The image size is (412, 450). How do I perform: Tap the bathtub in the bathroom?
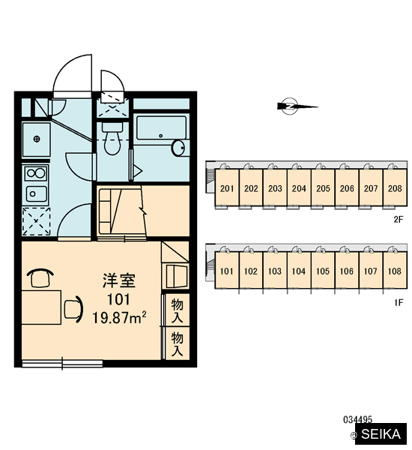[x=161, y=127]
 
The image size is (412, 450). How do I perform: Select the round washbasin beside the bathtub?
[x=178, y=148]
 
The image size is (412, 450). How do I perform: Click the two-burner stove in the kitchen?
[x=35, y=172]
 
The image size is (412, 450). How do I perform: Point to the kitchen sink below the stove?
[x=36, y=193]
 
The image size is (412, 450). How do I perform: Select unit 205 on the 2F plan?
[x=323, y=188]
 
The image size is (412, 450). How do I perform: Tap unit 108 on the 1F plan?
[x=395, y=271]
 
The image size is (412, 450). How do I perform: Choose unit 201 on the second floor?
[x=227, y=188]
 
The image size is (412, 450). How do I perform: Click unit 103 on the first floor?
[x=275, y=271]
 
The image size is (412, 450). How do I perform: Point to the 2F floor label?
[x=399, y=220]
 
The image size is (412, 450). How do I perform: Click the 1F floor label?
[x=399, y=302]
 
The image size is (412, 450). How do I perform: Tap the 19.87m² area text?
[x=119, y=317]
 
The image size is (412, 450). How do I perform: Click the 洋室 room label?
[x=119, y=280]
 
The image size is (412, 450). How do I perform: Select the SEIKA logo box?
[x=381, y=433]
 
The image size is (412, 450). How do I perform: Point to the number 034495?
[x=357, y=420]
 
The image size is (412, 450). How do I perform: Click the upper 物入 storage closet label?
[x=178, y=310]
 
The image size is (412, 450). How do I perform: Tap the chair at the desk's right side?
[x=73, y=310]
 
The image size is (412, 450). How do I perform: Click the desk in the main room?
[x=41, y=307]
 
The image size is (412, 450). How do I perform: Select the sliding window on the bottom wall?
[x=62, y=364]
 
